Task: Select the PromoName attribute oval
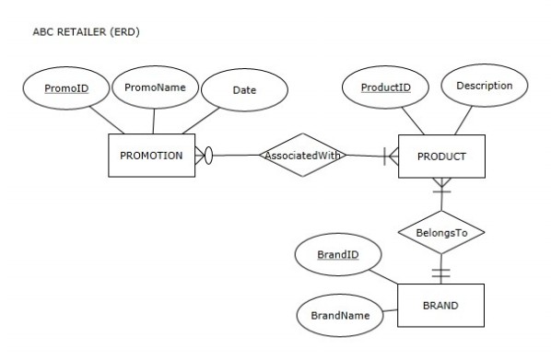pyautogui.click(x=155, y=89)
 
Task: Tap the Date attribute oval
pyautogui.click(x=243, y=90)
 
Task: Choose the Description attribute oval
pyautogui.click(x=485, y=86)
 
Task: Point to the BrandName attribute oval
pyautogui.click(x=340, y=315)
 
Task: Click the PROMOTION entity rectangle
pyautogui.click(x=151, y=156)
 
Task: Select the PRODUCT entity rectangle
pyautogui.click(x=441, y=156)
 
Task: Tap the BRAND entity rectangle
pyautogui.click(x=441, y=305)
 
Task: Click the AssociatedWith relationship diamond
pyautogui.click(x=303, y=156)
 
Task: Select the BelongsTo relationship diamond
pyautogui.click(x=440, y=233)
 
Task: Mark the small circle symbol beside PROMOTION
pyautogui.click(x=207, y=156)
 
